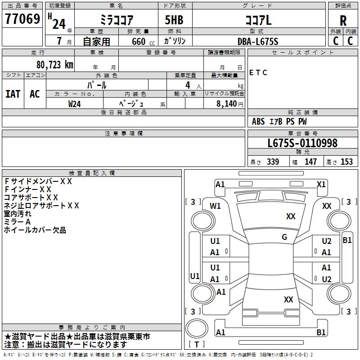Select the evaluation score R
(343, 20)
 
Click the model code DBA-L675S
(258, 41)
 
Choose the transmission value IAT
(13, 94)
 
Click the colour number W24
(75, 104)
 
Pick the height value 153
(346, 162)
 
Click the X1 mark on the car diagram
(321, 184)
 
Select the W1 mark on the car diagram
(216, 206)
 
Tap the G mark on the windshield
(284, 237)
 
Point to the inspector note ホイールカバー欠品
(35, 230)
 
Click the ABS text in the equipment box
(258, 121)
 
